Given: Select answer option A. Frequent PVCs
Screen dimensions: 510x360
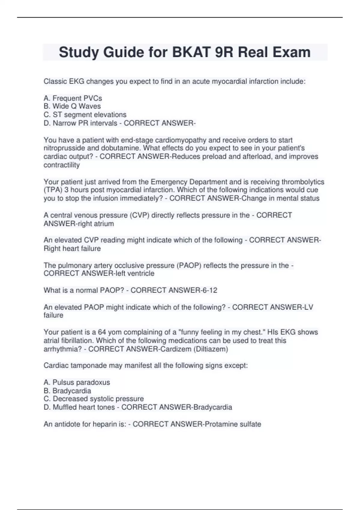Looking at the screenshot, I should click(73, 98).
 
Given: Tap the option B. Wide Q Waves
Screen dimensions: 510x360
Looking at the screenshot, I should click(72, 106).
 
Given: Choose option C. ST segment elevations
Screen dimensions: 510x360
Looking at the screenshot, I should click(85, 115).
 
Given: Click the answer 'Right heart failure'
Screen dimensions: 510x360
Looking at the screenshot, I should click(72, 248).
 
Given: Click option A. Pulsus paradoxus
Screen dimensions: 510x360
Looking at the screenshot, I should click(77, 382).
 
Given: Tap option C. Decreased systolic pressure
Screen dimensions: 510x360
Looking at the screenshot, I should click(94, 399).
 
